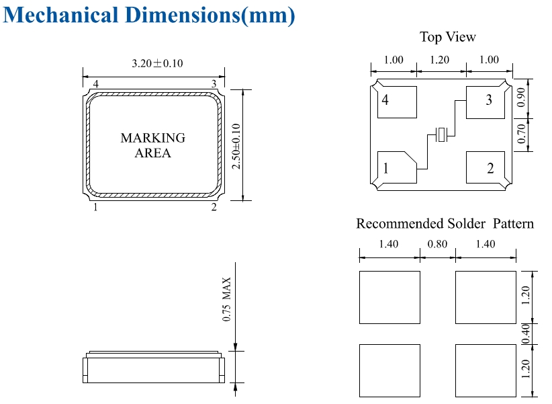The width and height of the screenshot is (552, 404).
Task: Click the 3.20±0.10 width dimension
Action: click(157, 63)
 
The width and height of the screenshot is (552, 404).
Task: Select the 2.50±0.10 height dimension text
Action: click(236, 147)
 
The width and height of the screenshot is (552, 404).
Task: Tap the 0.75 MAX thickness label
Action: click(227, 299)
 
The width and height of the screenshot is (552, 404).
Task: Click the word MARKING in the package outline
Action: click(153, 138)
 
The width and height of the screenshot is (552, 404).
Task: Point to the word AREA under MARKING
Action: click(153, 153)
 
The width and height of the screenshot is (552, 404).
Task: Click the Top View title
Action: click(448, 37)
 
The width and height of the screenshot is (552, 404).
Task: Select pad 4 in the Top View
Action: click(397, 102)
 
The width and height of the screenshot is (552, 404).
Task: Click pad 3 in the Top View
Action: click(486, 103)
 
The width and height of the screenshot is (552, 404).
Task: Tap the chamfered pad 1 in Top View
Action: click(396, 167)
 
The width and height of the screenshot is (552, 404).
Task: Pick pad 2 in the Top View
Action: click(486, 167)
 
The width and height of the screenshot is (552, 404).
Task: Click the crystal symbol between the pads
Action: click(441, 134)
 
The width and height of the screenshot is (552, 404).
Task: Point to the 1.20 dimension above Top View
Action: click(440, 60)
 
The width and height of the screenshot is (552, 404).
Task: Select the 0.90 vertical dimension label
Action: click(521, 97)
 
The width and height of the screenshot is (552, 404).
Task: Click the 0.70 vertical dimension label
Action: click(521, 134)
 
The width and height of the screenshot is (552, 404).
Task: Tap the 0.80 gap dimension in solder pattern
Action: click(437, 244)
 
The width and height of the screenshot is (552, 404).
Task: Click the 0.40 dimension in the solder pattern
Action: click(525, 334)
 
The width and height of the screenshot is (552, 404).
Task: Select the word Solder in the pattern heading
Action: click(466, 223)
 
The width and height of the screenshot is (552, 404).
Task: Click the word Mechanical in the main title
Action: click(60, 15)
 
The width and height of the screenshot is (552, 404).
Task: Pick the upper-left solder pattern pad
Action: click(389, 297)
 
